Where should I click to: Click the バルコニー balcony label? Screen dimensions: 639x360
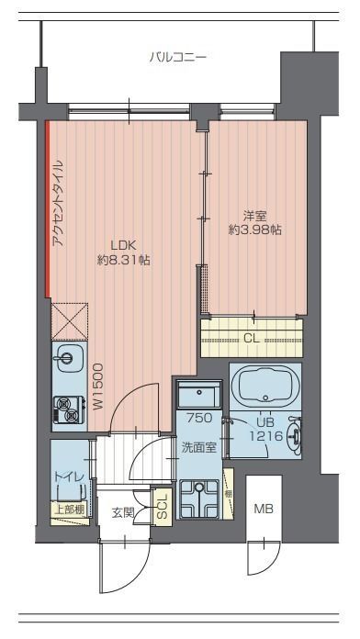tap(178, 57)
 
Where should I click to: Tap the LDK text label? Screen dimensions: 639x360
tap(123, 245)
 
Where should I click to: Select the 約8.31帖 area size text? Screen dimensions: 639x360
tap(123, 261)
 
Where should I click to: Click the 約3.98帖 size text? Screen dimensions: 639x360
tap(254, 230)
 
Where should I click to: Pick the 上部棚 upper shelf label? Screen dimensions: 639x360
tap(69, 507)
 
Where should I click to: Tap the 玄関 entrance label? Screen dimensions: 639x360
tap(123, 512)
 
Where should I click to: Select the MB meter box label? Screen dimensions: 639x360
tap(264, 509)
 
